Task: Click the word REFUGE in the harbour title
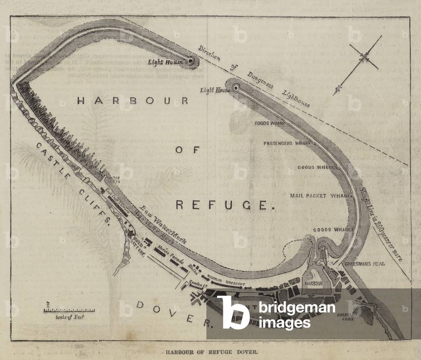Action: [225, 204]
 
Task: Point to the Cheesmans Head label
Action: [365, 264]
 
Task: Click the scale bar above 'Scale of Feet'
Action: [69, 309]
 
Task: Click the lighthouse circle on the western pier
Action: [190, 61]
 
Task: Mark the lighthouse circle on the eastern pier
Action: [236, 87]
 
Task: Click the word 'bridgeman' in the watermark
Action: [296, 308]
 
